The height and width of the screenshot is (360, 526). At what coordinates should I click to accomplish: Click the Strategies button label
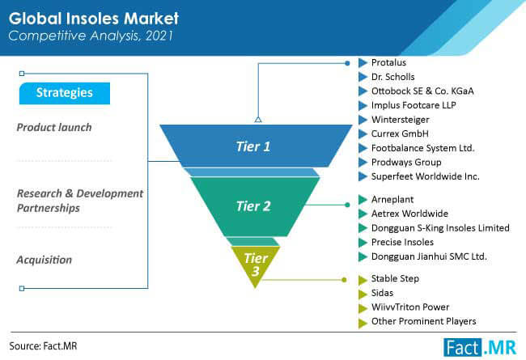[x=65, y=92]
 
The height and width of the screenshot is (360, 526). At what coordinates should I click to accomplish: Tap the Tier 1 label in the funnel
[x=253, y=146]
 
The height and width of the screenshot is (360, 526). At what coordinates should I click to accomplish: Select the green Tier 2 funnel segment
[x=255, y=206]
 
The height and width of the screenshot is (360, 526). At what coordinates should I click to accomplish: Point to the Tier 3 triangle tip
[x=256, y=288]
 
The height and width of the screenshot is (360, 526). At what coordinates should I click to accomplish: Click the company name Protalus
[x=388, y=62]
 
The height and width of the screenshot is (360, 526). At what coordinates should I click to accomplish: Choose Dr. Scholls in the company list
[x=392, y=77]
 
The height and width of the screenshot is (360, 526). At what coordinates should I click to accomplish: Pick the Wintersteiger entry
[x=401, y=120]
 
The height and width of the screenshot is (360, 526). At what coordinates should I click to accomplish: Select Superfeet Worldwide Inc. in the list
[x=426, y=176]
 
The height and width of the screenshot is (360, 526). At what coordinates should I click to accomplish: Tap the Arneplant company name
[x=392, y=200]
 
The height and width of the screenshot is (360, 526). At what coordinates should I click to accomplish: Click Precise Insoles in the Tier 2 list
[x=402, y=242]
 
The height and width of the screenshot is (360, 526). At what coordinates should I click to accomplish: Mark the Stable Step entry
[x=395, y=278]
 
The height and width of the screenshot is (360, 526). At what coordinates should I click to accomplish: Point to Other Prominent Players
[x=424, y=321]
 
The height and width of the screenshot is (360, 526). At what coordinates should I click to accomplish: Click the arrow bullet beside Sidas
[x=363, y=294]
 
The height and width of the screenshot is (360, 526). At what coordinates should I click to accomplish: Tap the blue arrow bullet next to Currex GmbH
[x=363, y=134]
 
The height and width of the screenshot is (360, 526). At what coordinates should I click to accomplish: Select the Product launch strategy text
[x=54, y=128]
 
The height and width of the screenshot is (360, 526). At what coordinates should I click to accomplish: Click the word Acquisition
[x=45, y=260]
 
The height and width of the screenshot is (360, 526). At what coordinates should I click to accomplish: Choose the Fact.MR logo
[x=480, y=347]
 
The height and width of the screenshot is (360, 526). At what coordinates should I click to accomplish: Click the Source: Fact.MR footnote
[x=43, y=346]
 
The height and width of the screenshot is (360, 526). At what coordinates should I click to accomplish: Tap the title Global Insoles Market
[x=94, y=19]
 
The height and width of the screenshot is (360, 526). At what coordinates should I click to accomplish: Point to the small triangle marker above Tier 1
[x=258, y=119]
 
